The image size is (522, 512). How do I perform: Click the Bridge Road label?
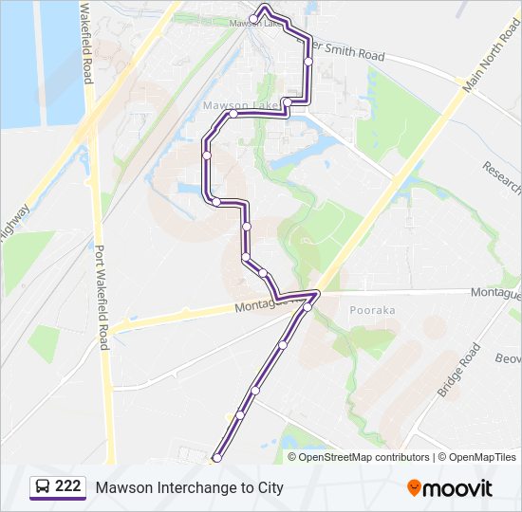[x=459, y=371]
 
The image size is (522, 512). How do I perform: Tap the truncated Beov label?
[x=508, y=358]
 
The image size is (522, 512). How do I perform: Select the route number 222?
[x=67, y=486]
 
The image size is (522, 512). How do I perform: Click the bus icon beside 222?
[x=43, y=487]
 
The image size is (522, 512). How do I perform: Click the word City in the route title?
[x=270, y=488]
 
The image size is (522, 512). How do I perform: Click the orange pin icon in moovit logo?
[x=414, y=487]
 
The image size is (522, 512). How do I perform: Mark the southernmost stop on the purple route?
[x=216, y=458]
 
